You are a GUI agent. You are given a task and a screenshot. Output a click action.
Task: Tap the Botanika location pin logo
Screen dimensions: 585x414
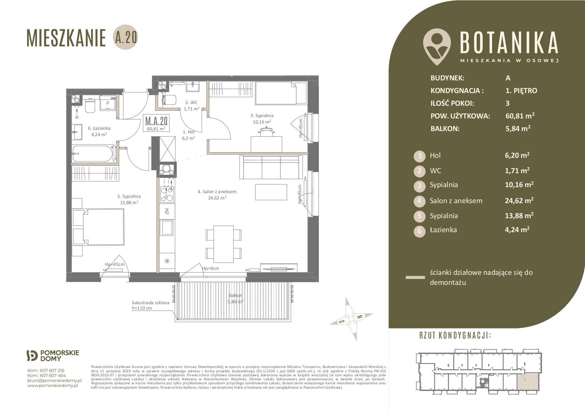tap(437, 46)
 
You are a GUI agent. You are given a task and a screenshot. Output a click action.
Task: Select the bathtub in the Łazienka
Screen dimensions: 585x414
tap(93, 154)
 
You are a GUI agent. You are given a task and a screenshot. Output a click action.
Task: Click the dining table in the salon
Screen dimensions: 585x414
tap(223, 244)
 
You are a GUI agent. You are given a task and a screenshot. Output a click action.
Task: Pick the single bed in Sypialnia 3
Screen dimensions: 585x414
tap(280, 93)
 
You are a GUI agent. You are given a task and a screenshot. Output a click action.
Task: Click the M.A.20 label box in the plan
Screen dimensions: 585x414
tap(156, 122)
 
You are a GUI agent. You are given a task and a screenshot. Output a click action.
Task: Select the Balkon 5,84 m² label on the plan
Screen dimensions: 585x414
tap(235, 298)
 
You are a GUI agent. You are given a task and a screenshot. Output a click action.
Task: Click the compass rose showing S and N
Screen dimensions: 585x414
tap(351, 319)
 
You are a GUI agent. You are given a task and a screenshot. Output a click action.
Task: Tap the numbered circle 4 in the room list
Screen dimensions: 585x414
tap(420, 201)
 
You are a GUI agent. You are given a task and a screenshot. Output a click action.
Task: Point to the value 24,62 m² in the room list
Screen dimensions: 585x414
tap(519, 200)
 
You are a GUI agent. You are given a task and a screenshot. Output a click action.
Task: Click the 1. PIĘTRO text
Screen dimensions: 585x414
tap(521, 90)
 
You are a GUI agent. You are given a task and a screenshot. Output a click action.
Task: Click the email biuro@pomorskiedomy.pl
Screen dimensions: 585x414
tap(54, 380)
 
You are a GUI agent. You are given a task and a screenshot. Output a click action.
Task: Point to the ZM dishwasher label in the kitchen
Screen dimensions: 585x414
tap(167, 211)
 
